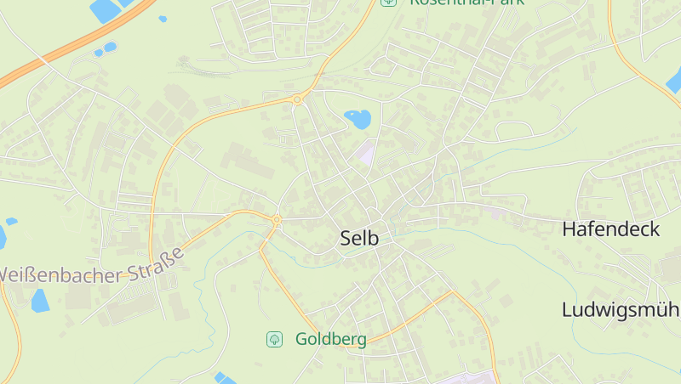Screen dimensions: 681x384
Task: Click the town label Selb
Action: [358, 238]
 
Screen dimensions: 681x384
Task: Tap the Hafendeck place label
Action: [610, 229]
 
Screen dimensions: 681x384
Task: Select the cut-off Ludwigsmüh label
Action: [621, 309]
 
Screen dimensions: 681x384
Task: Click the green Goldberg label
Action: [330, 339]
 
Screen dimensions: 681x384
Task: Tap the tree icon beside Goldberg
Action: [274, 339]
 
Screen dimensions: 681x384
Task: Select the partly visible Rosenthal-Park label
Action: [466, 3]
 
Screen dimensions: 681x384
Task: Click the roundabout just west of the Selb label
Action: [276, 220]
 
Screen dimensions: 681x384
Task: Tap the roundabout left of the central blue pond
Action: [297, 99]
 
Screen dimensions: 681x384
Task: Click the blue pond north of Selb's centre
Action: [358, 119]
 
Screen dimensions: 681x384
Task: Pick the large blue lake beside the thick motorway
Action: [106, 10]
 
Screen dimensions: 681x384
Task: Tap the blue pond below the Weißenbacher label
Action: [40, 300]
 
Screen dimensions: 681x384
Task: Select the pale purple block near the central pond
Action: [366, 153]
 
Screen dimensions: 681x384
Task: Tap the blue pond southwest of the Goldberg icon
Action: [225, 377]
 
